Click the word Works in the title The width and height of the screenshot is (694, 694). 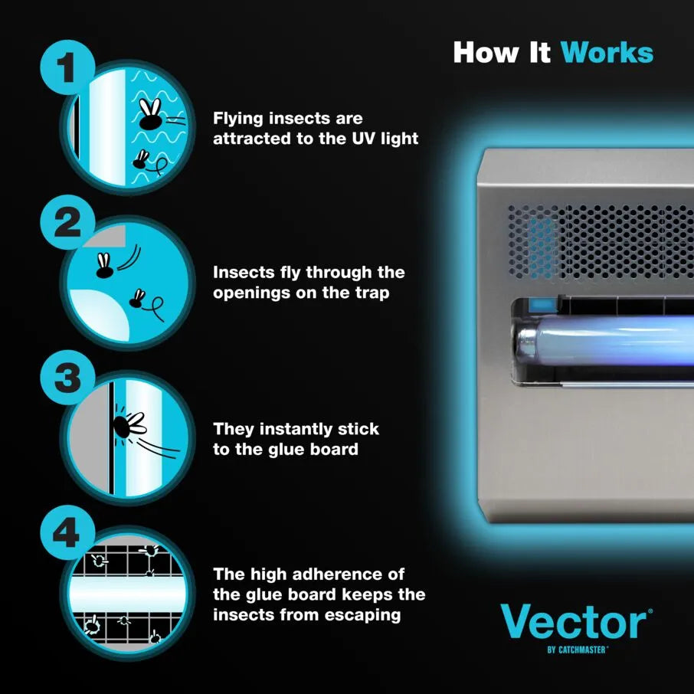607,53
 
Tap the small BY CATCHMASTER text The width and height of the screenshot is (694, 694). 578,650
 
